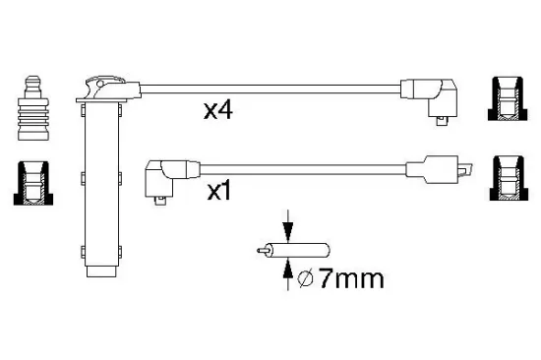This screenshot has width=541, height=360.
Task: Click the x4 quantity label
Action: pos(217,112)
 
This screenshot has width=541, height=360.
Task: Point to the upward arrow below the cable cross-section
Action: pos(286,274)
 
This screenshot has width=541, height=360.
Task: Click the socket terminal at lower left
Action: pos(34,185)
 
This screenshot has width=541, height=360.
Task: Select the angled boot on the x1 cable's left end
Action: pos(160,178)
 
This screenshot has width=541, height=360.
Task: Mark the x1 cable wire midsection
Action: pos(295,166)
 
